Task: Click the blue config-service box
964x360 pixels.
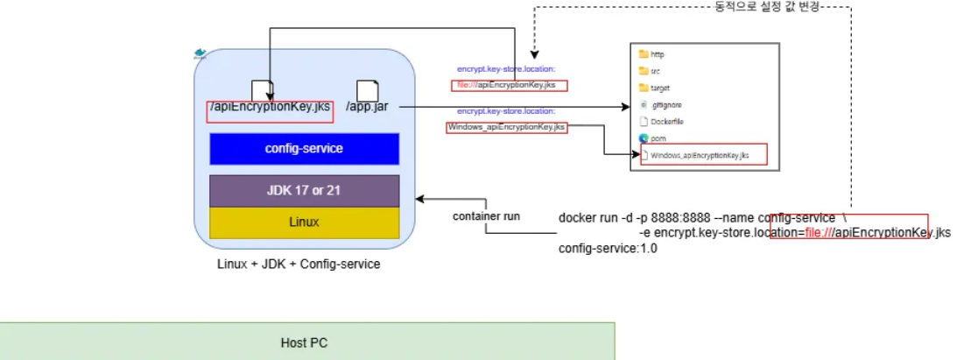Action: click(x=305, y=149)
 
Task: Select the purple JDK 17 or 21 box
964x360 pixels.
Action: click(x=305, y=190)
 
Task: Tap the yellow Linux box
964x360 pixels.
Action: click(x=305, y=222)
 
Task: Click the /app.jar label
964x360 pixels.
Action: click(x=367, y=107)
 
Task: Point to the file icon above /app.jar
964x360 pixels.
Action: click(x=367, y=89)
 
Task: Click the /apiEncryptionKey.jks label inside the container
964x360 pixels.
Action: click(x=269, y=108)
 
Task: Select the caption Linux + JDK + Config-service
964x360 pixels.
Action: click(x=299, y=264)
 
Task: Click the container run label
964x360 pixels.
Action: click(x=486, y=216)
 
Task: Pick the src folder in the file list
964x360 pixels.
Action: click(x=655, y=71)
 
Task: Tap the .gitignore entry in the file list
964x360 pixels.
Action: click(x=664, y=104)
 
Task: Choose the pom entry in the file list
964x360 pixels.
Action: click(x=656, y=138)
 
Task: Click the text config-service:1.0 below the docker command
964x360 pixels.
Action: click(x=608, y=249)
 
